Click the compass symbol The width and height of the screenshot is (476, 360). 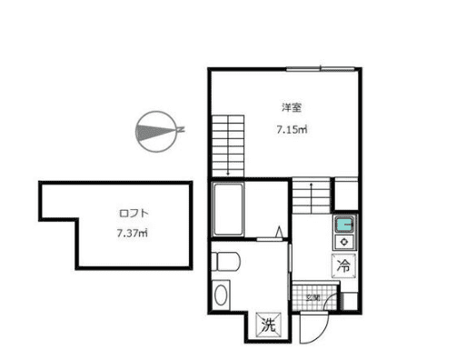click(155, 130)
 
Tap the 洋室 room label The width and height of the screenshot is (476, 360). click(291, 108)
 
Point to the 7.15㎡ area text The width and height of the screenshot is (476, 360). click(292, 130)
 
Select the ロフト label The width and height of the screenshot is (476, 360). click(133, 214)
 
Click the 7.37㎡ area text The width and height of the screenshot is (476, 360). click(133, 233)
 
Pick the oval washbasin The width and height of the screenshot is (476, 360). click(222, 295)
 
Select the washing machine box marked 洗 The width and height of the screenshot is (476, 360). click(269, 323)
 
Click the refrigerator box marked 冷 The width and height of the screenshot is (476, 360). click(344, 266)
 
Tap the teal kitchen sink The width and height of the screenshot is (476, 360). click(345, 225)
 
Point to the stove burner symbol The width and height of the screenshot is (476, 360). click(345, 242)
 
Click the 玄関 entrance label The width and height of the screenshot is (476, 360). click(312, 297)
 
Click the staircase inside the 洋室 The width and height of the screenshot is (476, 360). click(229, 145)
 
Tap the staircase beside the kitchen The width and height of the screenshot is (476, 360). click(311, 196)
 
